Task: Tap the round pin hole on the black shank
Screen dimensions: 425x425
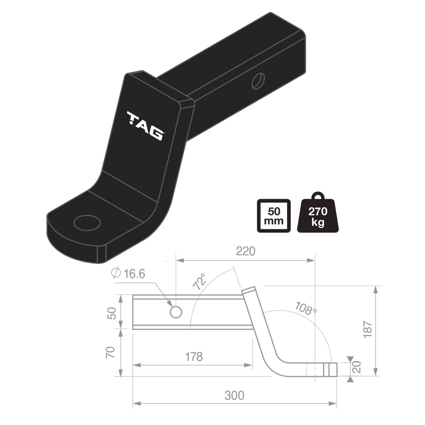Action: (x=257, y=81)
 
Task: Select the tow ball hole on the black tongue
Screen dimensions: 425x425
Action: (x=87, y=222)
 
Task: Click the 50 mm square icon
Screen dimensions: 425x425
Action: (x=274, y=216)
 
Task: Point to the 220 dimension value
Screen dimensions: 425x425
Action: (x=245, y=251)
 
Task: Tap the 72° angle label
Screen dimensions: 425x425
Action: (x=200, y=282)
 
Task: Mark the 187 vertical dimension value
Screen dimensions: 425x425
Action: (x=368, y=330)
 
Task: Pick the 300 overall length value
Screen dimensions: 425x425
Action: (x=234, y=395)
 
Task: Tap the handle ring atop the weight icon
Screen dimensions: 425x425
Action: (x=318, y=196)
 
